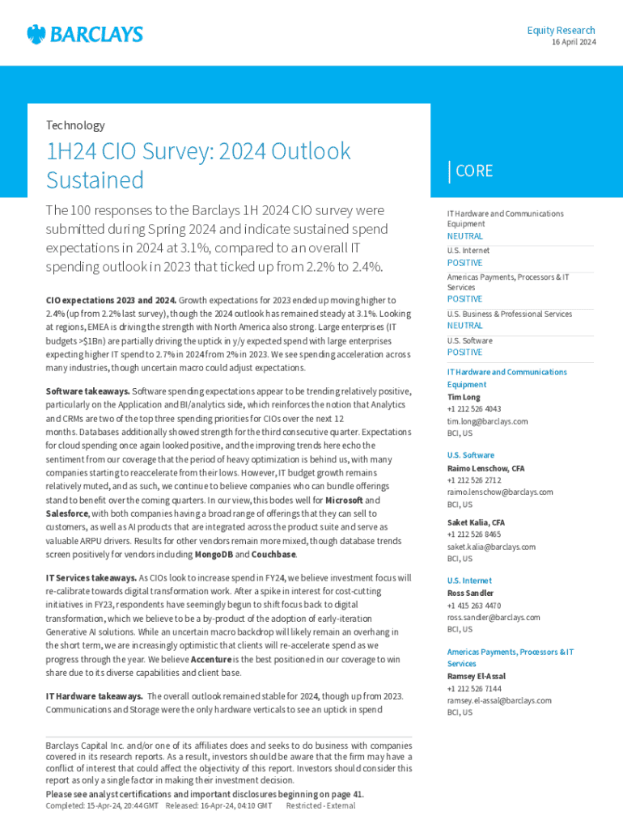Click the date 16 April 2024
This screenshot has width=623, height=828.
point(574,42)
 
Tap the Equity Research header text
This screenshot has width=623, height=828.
point(561,30)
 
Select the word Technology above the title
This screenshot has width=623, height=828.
point(75,125)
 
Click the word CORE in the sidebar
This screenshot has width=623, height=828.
point(474,171)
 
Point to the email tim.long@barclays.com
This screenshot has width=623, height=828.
point(487,421)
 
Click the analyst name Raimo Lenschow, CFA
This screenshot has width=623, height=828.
point(485,468)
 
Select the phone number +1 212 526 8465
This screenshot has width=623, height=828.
point(474,534)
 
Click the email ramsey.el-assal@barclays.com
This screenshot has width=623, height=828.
point(499,700)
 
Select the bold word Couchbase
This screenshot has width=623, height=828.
point(273,555)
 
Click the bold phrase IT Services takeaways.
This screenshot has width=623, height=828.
point(91,578)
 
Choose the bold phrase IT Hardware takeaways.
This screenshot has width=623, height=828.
point(95,696)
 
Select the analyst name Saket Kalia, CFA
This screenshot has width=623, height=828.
point(476,522)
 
